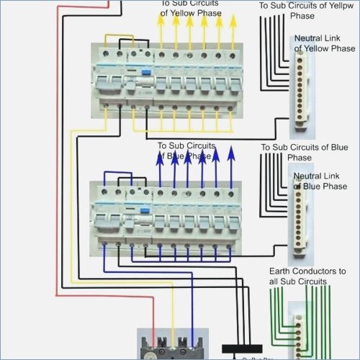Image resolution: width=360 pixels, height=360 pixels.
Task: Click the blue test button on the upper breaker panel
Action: (145, 72)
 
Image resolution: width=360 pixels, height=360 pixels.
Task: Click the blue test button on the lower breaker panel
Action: (145, 210)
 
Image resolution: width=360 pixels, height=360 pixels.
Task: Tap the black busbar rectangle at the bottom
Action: (241, 348)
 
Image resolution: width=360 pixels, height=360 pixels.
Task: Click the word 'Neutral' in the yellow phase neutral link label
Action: (309, 38)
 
